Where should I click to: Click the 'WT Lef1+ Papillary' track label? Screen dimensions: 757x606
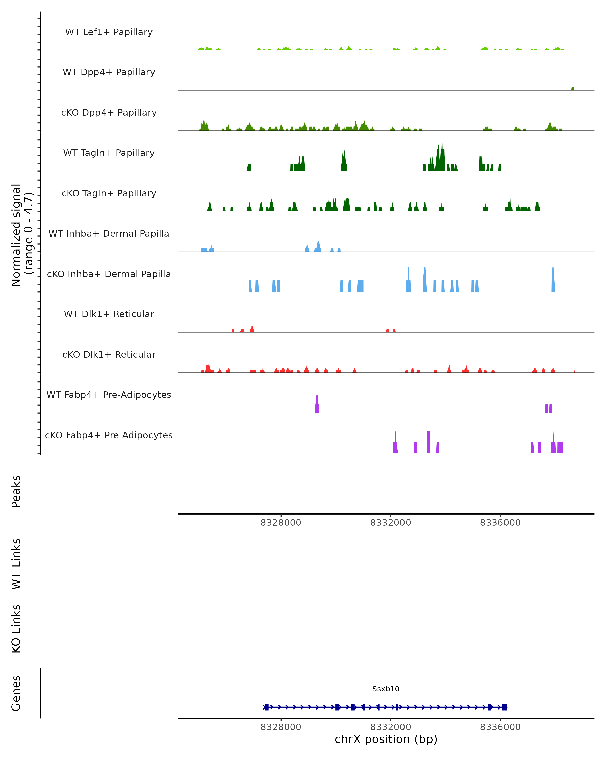pos(109,32)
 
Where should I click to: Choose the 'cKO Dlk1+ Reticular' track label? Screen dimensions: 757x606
pos(109,354)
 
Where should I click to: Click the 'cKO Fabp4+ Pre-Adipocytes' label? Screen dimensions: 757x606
pos(109,435)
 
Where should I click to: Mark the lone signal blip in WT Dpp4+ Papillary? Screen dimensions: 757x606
pos(573,89)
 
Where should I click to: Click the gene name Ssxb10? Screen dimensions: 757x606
pos(386,689)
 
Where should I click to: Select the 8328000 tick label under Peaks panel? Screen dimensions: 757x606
pos(281,523)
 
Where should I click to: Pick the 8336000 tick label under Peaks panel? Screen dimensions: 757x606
pos(500,523)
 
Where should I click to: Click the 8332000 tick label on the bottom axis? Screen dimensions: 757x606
pos(390,727)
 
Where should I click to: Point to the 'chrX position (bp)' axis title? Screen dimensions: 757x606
pos(386,739)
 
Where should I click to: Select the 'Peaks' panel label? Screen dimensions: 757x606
pos(16,491)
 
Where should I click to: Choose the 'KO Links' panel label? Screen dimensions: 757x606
pos(16,629)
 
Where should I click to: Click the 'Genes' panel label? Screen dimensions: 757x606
pos(16,693)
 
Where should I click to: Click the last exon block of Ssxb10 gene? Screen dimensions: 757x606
pos(504,707)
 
